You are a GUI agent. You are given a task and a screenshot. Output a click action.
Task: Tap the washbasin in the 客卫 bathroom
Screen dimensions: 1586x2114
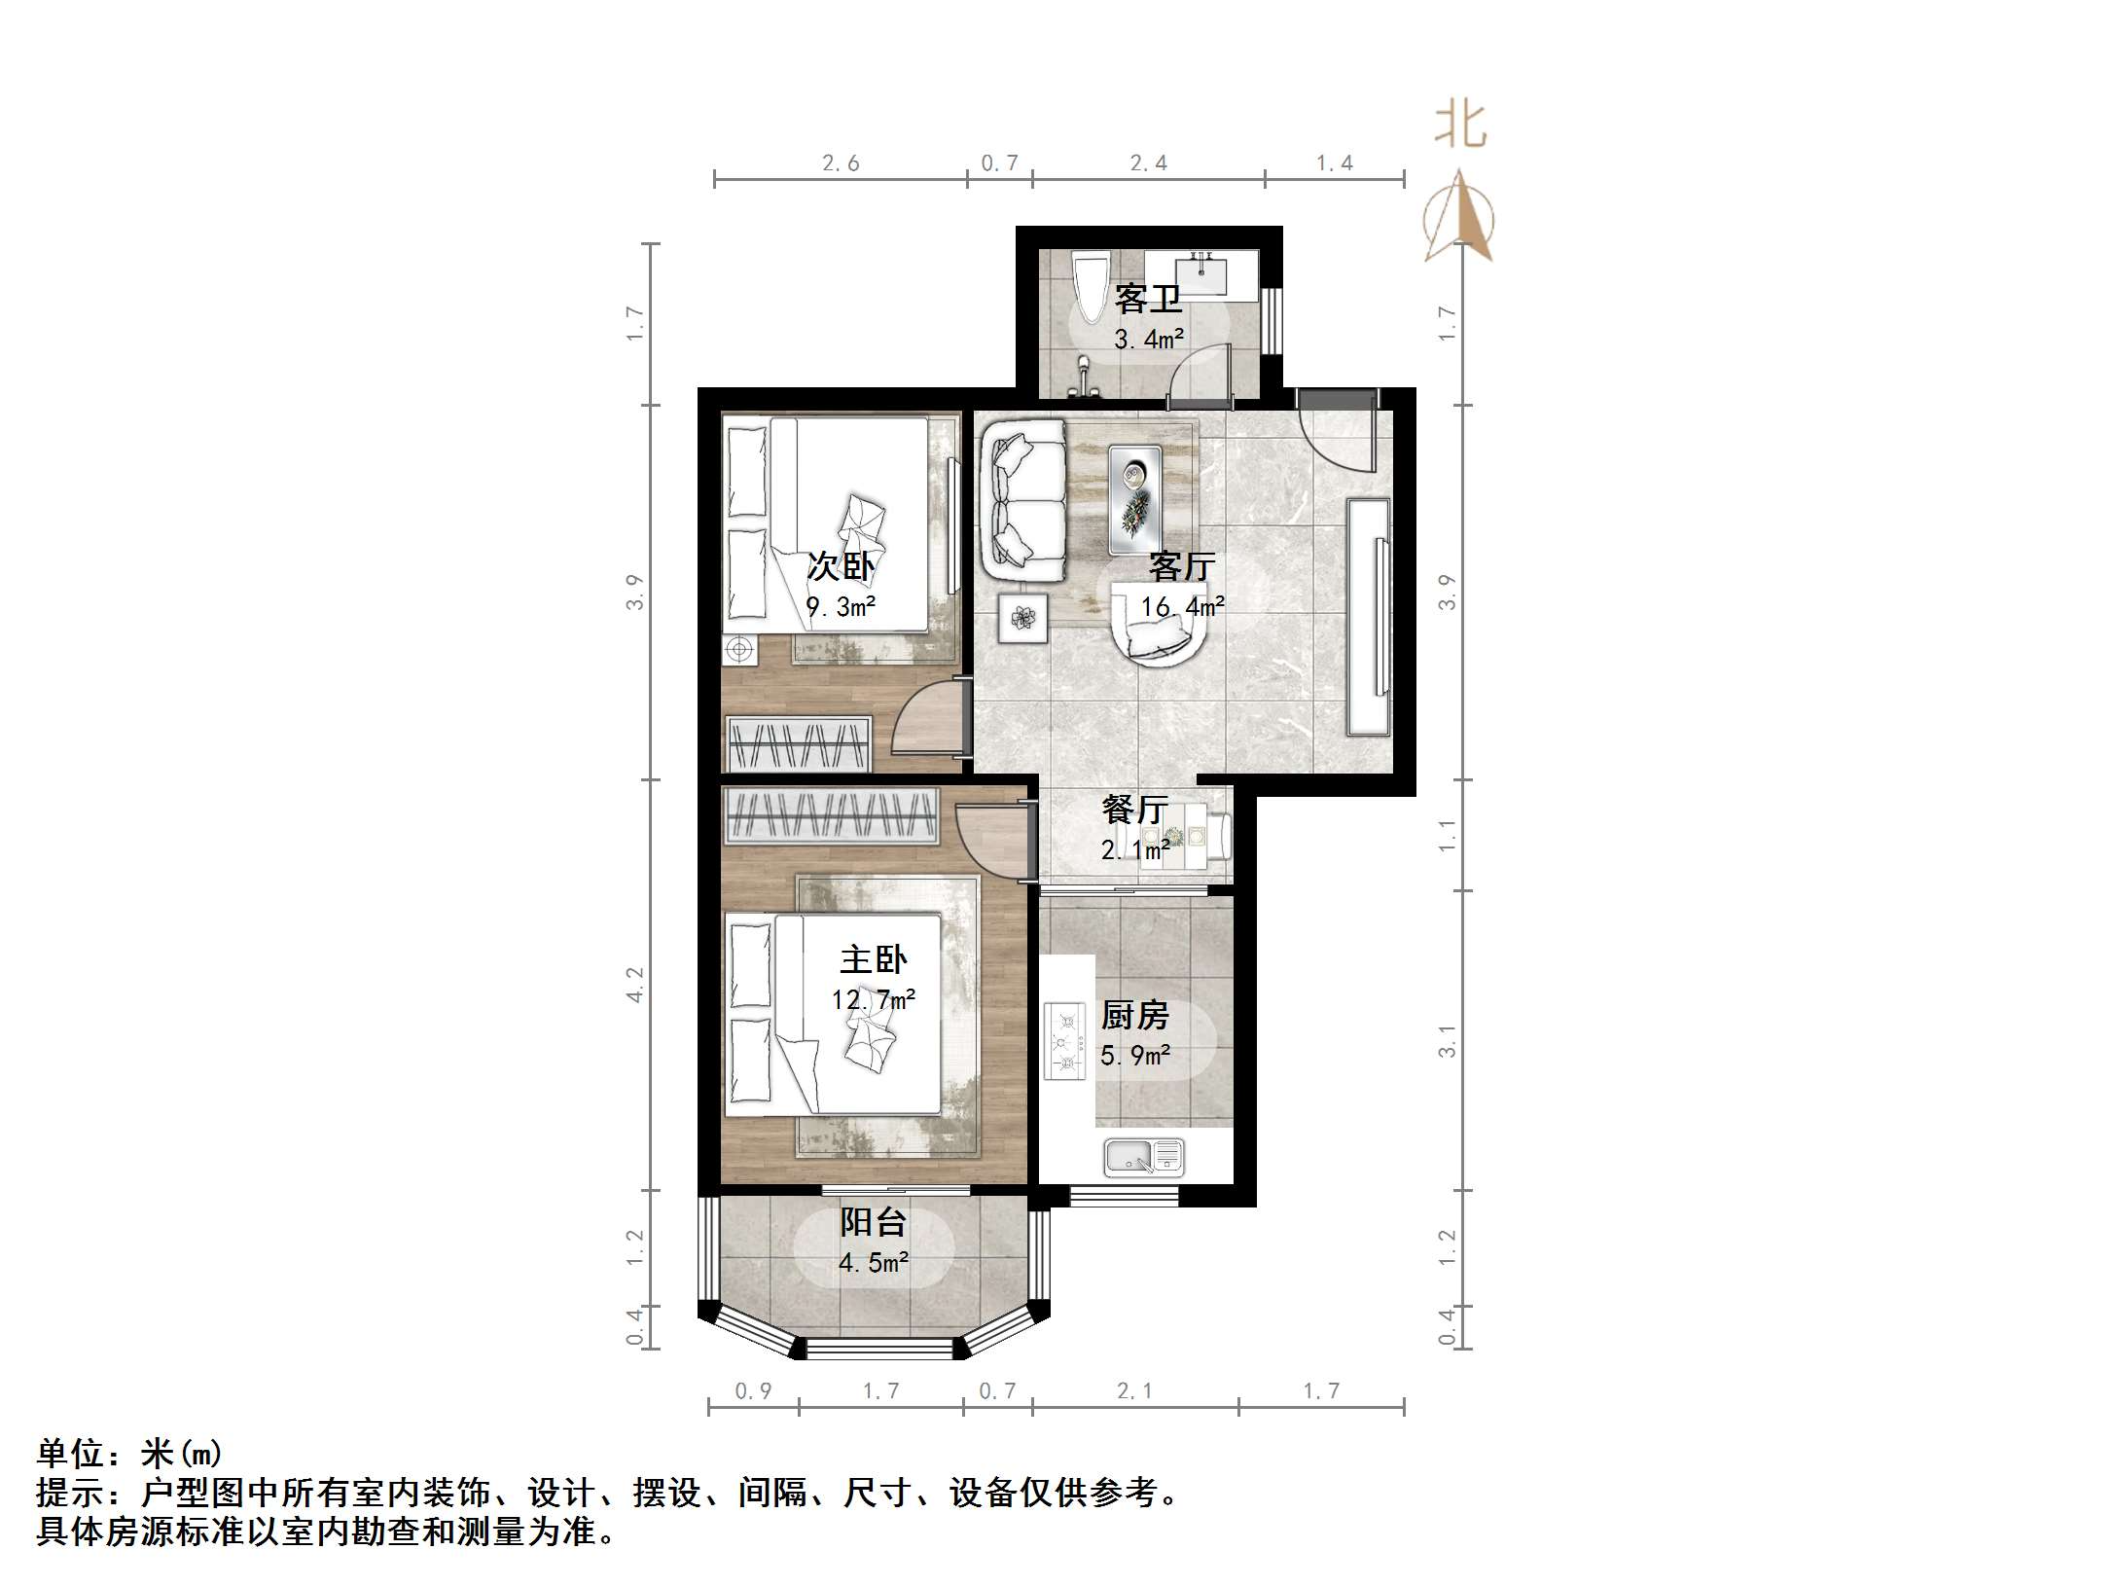(x=1201, y=273)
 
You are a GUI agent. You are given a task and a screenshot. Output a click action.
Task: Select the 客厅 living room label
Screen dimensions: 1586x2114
(x=1182, y=565)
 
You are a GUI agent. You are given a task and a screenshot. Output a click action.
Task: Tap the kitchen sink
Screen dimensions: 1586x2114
(x=1143, y=1157)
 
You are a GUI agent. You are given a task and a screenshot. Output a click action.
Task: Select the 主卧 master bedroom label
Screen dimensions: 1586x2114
(x=873, y=960)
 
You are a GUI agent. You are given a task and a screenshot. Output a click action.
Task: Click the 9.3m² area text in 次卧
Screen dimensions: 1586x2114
(x=841, y=607)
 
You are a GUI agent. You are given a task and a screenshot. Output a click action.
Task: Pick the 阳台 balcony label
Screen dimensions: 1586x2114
(x=873, y=1222)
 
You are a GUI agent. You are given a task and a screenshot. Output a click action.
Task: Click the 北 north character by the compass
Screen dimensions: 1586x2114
(x=1460, y=126)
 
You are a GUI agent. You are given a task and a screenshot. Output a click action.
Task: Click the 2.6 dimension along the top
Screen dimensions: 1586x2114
(x=841, y=163)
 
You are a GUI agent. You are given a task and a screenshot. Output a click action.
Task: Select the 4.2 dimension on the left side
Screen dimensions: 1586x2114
(x=635, y=984)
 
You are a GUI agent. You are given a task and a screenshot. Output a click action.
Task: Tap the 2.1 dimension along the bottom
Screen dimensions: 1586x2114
(x=1134, y=1391)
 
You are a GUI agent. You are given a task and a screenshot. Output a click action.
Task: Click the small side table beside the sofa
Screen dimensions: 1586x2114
(x=1023, y=618)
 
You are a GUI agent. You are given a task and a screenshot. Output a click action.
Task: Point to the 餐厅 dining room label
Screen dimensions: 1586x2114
(x=1134, y=810)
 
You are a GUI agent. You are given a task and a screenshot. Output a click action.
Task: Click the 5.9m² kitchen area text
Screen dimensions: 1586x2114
(x=1134, y=1055)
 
